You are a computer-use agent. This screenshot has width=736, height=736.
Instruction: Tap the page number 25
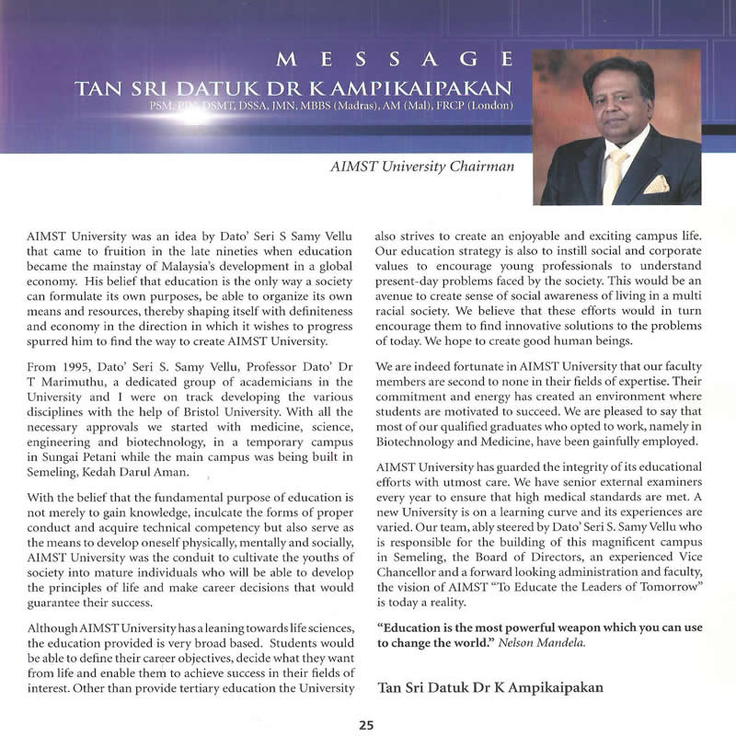[366, 724]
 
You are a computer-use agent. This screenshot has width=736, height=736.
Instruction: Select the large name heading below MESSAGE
[291, 88]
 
